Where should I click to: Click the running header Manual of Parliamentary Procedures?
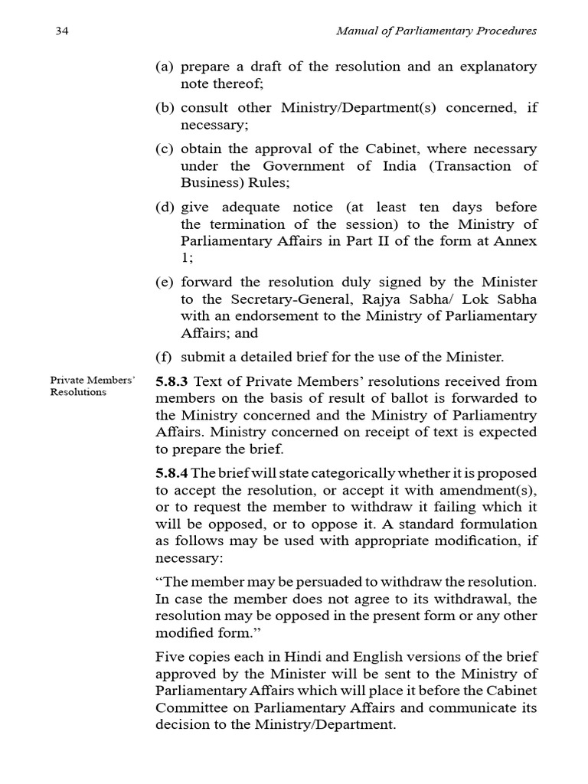pyautogui.click(x=438, y=31)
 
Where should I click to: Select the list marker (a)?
pyautogui.click(x=165, y=67)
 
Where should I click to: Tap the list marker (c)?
pyautogui.click(x=165, y=149)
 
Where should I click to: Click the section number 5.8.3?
pyautogui.click(x=172, y=381)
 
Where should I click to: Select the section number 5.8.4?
pyautogui.click(x=172, y=473)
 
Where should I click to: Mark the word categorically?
pyautogui.click(x=310, y=473)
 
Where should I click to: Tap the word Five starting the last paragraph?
pyautogui.click(x=169, y=657)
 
